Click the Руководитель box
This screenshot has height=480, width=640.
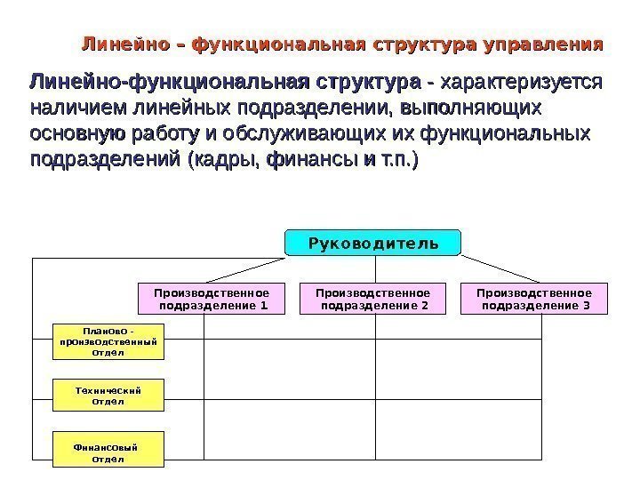(x=373, y=242)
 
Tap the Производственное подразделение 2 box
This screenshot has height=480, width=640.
(x=373, y=300)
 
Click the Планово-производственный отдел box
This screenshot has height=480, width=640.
(x=109, y=341)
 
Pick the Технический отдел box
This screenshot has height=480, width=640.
(x=109, y=395)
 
